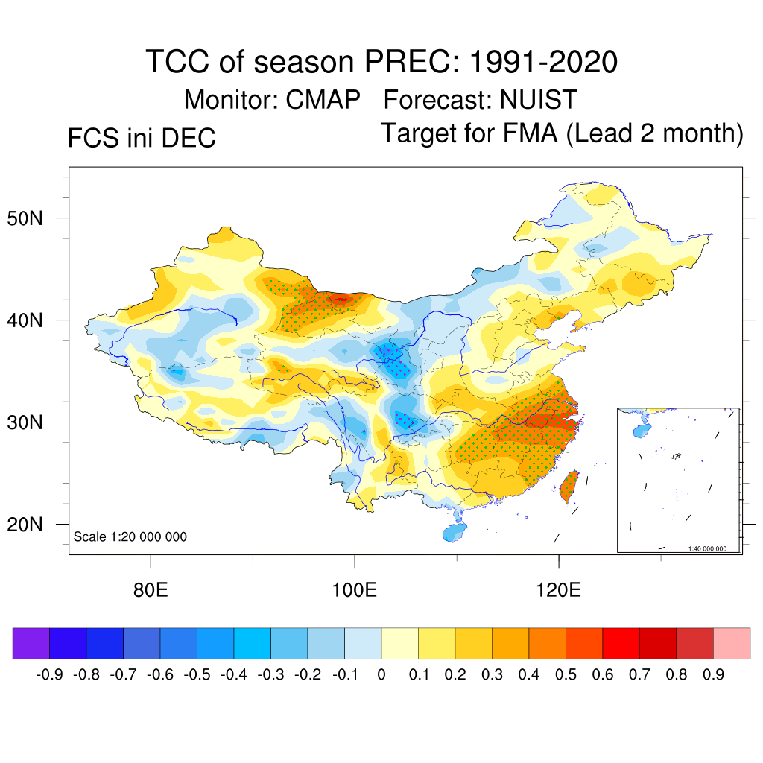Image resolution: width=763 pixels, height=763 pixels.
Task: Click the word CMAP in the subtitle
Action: point(323,99)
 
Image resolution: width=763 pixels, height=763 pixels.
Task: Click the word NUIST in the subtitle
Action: point(539,99)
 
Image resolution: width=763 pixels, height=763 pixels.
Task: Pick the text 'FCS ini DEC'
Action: point(142,138)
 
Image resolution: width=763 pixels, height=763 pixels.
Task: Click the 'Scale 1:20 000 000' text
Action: point(130,536)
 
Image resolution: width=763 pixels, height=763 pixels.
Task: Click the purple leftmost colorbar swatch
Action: point(31,643)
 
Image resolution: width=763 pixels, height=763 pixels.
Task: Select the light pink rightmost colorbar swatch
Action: point(732,643)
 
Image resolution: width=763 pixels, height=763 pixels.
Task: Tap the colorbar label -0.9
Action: point(48,675)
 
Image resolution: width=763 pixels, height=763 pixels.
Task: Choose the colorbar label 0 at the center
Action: point(381,675)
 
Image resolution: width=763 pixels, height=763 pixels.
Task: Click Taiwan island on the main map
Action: point(569,485)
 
